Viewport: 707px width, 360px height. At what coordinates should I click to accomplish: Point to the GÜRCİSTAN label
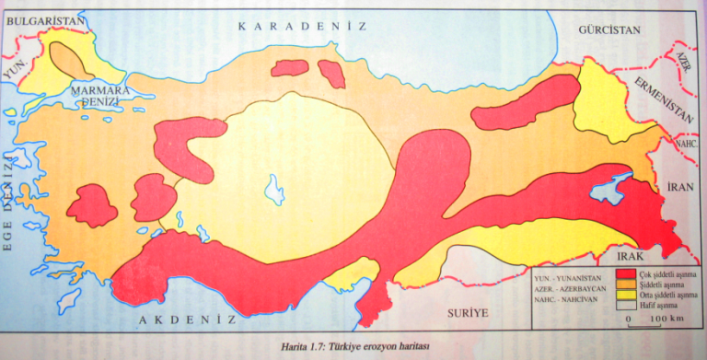click(608, 30)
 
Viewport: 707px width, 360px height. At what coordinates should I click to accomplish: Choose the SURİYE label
click(467, 312)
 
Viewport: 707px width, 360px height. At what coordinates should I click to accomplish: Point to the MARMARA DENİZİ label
click(103, 97)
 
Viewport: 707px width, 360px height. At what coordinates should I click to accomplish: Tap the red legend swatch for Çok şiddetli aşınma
click(628, 274)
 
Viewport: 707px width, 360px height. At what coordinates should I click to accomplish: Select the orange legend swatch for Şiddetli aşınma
click(628, 285)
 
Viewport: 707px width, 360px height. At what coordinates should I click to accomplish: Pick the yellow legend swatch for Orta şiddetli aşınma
click(628, 296)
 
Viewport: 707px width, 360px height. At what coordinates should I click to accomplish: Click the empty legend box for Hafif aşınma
click(628, 307)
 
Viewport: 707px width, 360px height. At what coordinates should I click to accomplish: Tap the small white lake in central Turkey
click(274, 191)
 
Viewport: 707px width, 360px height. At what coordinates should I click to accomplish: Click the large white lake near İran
click(608, 189)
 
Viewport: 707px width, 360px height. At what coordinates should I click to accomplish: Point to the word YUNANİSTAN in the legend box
click(586, 274)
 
